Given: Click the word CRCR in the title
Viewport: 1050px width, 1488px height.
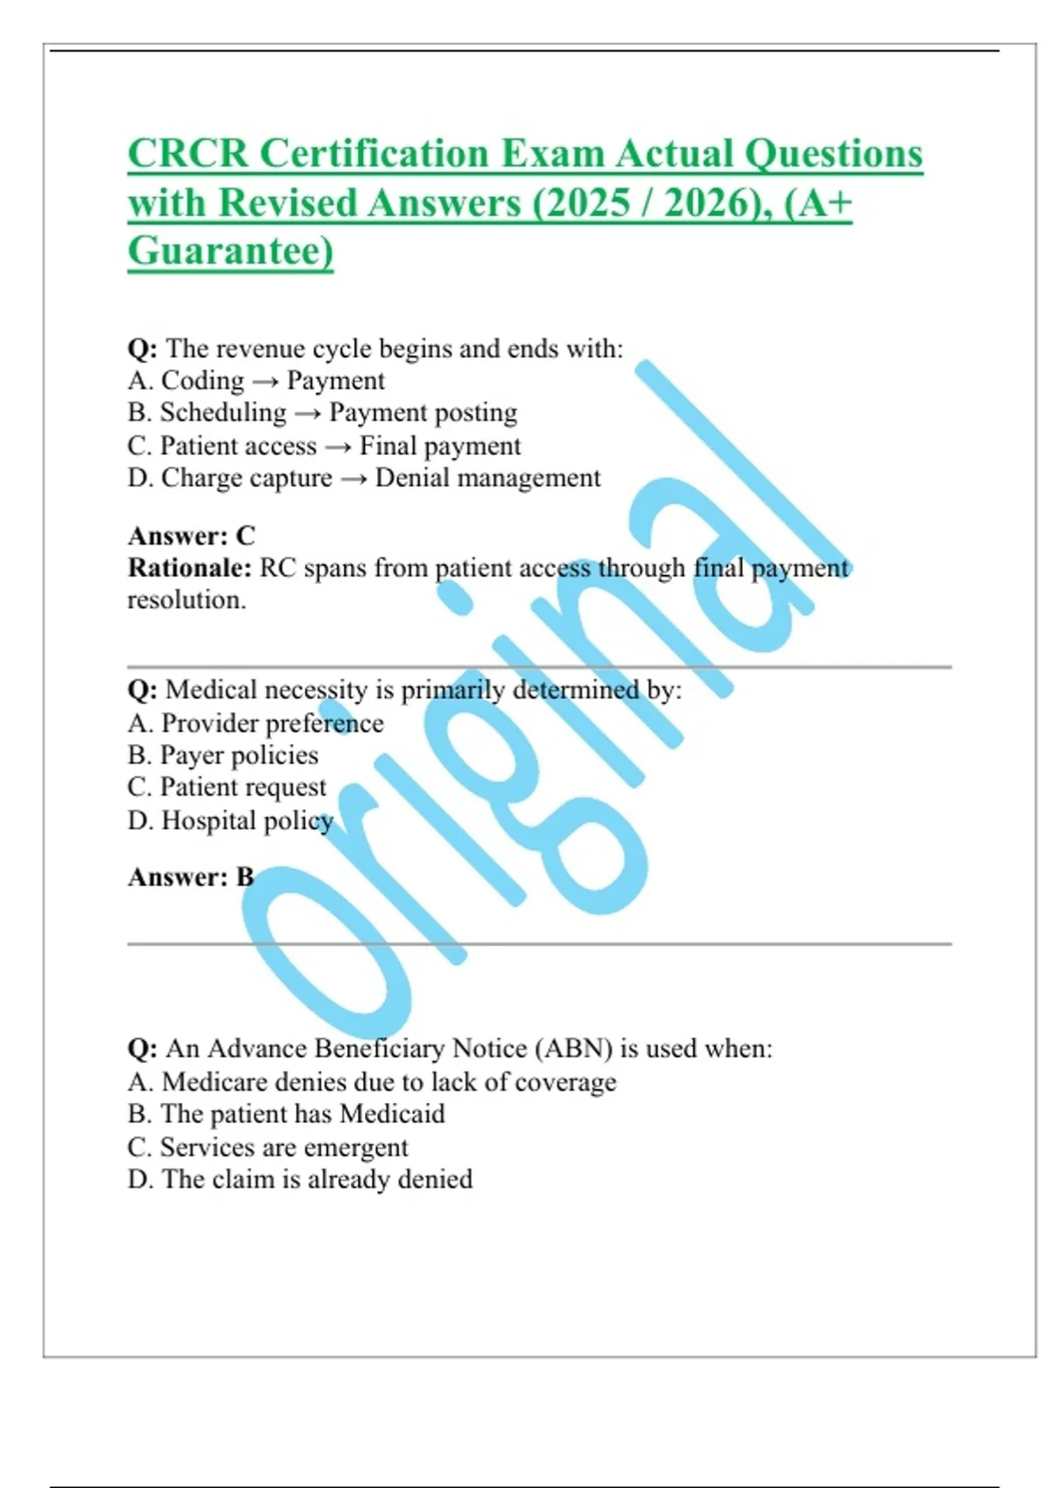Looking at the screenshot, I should pos(188,154).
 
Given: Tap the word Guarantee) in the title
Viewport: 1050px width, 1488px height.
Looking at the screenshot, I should pos(230,251).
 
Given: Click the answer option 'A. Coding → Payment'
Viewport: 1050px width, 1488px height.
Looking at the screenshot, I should pos(255,381).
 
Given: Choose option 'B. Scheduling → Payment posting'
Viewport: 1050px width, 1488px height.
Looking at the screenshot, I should pos(322,412).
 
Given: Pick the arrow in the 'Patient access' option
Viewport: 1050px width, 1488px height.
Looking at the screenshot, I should pos(338,447).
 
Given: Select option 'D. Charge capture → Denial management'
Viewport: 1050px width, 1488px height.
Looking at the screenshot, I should pos(364,478).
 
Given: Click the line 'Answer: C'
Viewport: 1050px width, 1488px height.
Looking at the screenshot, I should pos(192,536).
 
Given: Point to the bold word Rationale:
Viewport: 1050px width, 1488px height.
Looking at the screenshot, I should pos(190,568).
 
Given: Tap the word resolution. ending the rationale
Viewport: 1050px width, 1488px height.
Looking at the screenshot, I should pos(186,600).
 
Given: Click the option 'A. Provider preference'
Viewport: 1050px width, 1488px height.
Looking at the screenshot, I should pos(255,723).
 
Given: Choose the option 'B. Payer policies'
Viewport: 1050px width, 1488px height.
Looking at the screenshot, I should pos(223,755).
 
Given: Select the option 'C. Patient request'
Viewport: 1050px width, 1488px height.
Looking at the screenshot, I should pos(227,787).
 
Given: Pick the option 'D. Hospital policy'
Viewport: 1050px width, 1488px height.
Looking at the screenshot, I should pos(231,820).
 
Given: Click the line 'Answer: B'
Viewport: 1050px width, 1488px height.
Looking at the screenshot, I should pos(191,877).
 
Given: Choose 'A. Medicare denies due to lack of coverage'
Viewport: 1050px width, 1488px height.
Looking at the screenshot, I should pos(372,1082).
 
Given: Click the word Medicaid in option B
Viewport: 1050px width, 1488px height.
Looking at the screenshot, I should pos(392,1114).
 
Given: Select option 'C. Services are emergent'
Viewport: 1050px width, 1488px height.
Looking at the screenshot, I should pos(268,1147).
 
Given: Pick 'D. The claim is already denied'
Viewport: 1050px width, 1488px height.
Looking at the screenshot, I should pos(300,1179).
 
